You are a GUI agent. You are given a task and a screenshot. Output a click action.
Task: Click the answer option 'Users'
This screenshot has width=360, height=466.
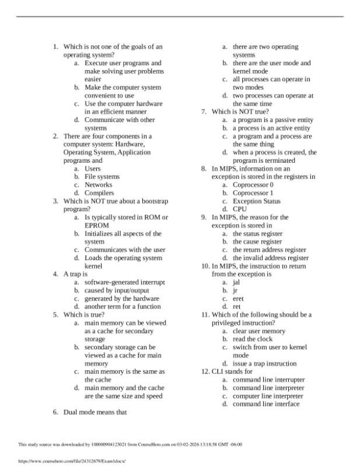click(92, 169)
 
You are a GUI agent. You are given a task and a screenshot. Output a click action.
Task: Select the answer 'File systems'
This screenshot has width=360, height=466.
click(102, 177)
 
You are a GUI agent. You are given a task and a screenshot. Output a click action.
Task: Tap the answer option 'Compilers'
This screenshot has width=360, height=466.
click(99, 193)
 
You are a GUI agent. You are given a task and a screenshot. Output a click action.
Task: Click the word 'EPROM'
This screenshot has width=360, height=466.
click(97, 225)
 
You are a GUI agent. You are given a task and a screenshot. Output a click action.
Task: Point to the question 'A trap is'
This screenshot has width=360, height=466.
click(75, 274)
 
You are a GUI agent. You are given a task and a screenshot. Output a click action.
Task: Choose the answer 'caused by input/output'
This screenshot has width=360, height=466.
click(116, 290)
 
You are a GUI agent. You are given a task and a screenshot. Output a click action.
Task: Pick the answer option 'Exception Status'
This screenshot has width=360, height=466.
click(256, 201)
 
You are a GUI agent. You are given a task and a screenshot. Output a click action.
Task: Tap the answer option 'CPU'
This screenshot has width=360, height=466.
click(240, 209)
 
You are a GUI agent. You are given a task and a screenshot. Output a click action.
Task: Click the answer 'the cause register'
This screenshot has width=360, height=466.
click(257, 241)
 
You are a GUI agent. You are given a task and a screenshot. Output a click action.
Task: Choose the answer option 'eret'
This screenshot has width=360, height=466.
click(239, 298)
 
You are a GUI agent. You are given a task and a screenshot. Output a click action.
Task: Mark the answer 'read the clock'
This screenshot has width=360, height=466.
click(252, 339)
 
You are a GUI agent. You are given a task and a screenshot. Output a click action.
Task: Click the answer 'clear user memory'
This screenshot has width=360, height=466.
click(259, 331)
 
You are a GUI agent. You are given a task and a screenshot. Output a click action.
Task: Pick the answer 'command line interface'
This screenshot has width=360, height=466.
click(266, 404)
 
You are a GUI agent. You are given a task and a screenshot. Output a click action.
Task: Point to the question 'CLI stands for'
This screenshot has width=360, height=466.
click(232, 371)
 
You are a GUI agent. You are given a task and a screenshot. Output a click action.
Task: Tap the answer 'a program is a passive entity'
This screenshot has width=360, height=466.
click(272, 120)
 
